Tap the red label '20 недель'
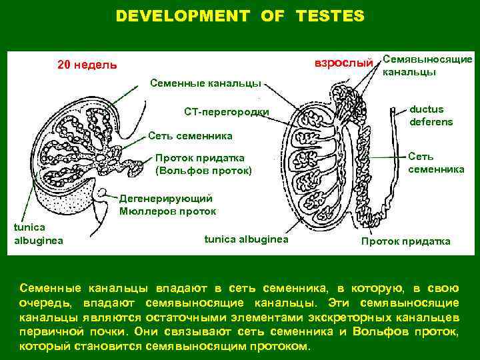87,65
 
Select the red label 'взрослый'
343,62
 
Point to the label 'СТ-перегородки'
227,111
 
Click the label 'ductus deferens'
431,115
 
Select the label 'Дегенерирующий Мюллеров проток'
167,205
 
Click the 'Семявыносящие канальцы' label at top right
427,65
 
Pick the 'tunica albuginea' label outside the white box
39,234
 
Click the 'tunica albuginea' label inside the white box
246,238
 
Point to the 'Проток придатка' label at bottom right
405,241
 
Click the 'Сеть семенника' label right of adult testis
436,163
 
